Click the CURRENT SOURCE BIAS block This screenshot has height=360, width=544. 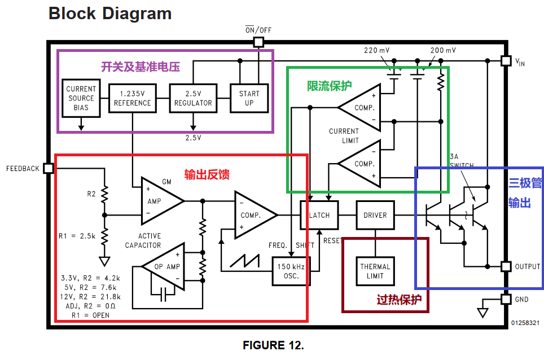[81, 98]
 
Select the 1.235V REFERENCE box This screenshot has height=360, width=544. [133, 98]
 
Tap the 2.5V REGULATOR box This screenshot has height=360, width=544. [193, 98]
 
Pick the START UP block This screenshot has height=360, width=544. [249, 98]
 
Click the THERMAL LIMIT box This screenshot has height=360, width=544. [375, 271]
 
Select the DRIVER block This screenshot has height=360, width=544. [375, 215]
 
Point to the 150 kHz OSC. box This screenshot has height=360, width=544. [292, 271]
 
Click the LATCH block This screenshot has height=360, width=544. [319, 215]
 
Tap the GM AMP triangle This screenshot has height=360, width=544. [159, 200]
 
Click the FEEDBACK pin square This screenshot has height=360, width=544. [48, 168]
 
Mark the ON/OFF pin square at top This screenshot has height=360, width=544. [258, 42]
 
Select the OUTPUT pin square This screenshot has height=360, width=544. [506, 266]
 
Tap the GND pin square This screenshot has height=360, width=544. [506, 299]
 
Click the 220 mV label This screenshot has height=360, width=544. [376, 51]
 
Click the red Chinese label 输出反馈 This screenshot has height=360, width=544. [207, 175]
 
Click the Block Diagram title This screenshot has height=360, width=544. [110, 14]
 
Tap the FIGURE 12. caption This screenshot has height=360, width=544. [273, 345]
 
